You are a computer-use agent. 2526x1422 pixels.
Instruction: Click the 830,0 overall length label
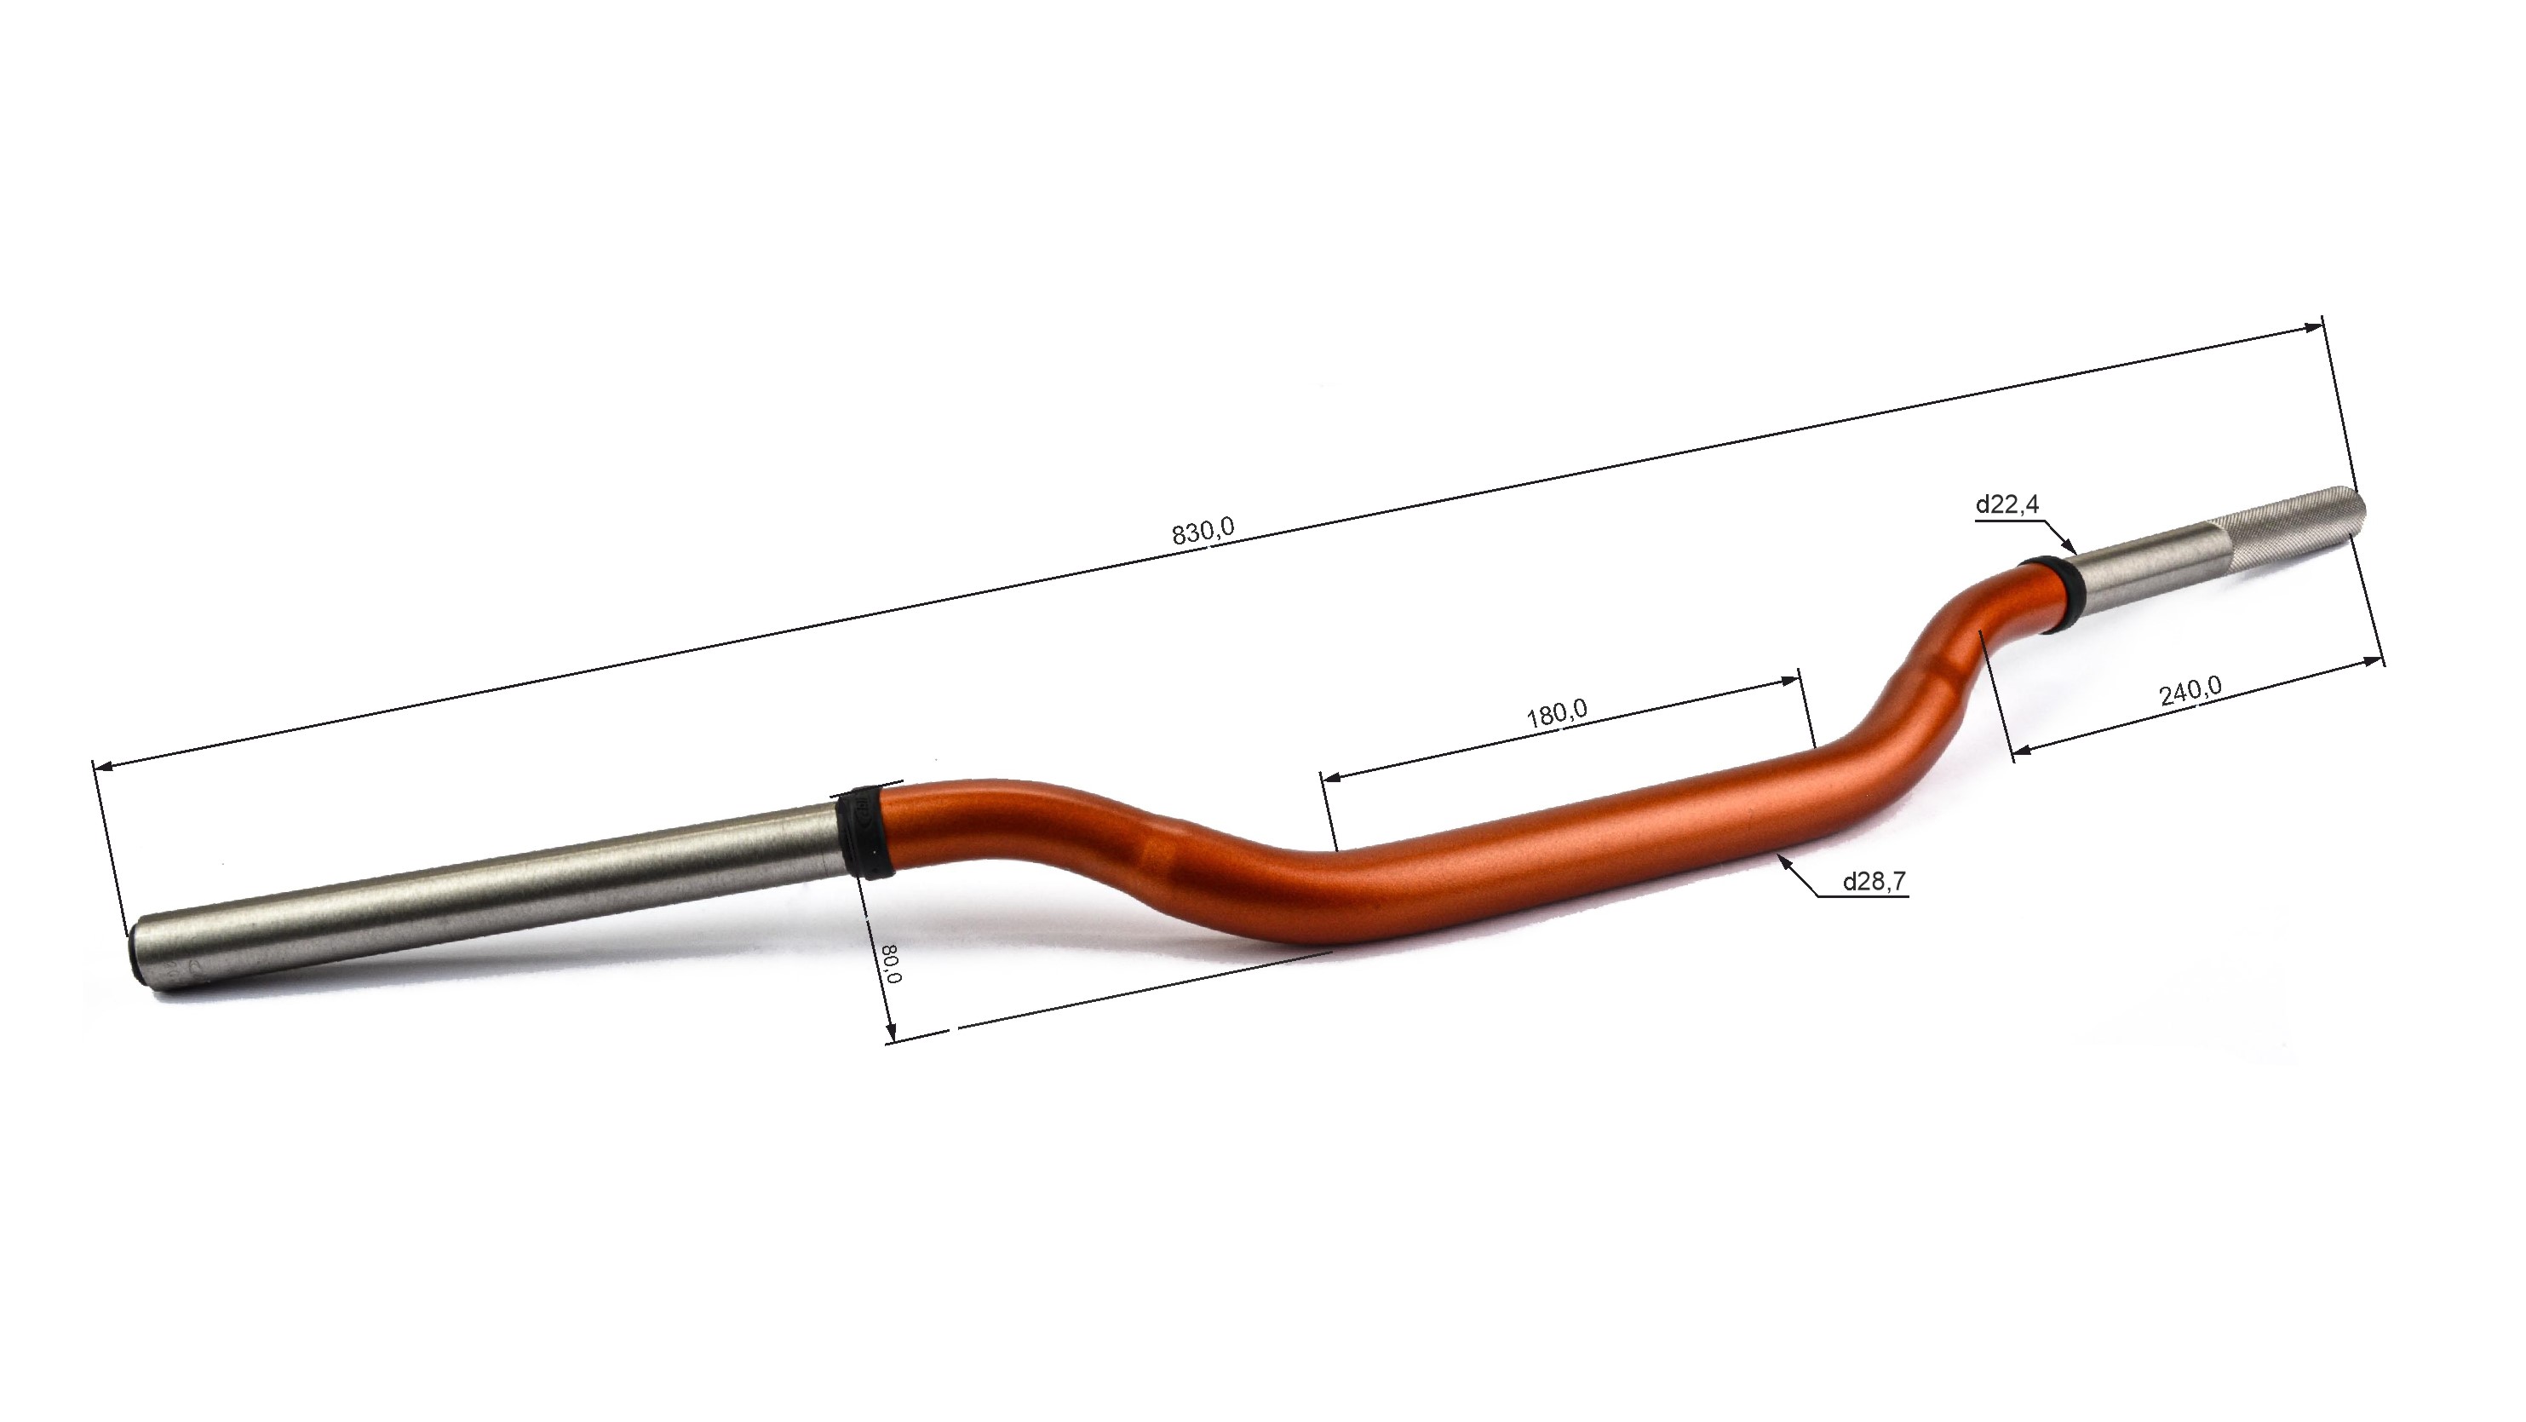pos(1203,532)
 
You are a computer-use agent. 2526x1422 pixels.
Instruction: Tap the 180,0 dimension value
pos(1556,713)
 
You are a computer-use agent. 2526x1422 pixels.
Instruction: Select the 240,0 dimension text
pos(2190,690)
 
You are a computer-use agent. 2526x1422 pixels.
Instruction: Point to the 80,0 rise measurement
pos(892,963)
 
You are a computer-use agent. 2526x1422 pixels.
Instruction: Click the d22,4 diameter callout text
pos(2007,504)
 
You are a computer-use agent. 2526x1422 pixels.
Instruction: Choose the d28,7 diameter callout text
pos(1874,882)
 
